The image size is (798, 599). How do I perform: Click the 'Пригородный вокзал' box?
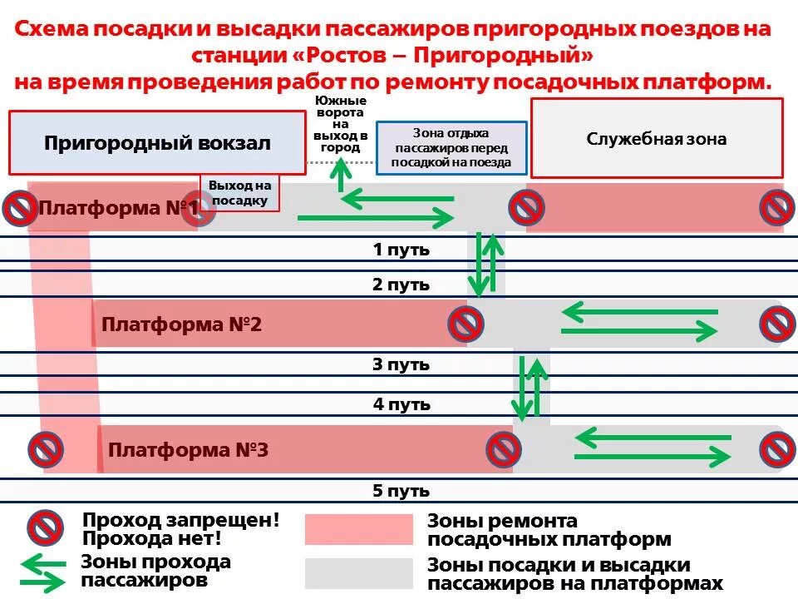(157, 142)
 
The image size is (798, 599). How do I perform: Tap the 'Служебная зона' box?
(657, 138)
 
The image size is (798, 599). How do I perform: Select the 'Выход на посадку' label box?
(239, 193)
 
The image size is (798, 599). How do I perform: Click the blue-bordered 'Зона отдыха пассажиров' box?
(451, 148)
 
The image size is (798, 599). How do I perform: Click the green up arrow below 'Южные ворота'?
(340, 175)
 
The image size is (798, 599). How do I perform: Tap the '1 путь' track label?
(401, 249)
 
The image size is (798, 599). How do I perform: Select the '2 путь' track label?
(401, 285)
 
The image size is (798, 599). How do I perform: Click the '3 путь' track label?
(401, 364)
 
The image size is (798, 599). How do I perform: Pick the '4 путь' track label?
(401, 404)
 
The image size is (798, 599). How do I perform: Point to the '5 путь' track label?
(401, 490)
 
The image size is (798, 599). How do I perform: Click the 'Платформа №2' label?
(181, 324)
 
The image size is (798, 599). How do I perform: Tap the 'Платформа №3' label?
(188, 450)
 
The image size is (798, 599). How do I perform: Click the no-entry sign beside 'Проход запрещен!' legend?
(46, 527)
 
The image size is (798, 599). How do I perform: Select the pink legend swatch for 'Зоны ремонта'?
(358, 529)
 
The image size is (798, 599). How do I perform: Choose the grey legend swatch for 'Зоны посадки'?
(358, 573)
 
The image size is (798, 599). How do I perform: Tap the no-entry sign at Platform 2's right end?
(777, 324)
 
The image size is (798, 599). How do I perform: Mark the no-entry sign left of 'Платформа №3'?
(46, 449)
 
